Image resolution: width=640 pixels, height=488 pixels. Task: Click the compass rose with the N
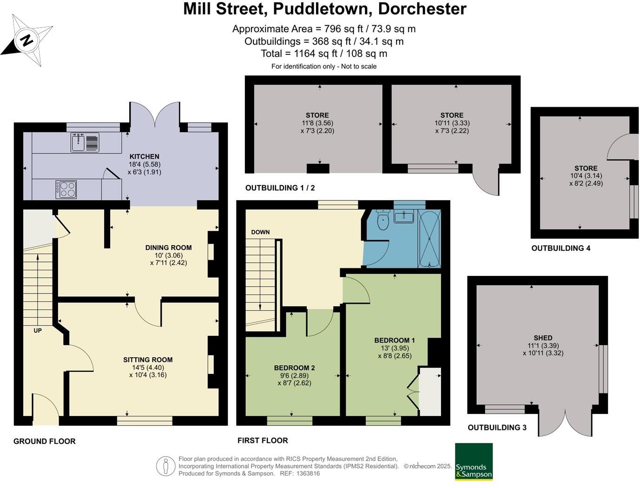click(26, 40)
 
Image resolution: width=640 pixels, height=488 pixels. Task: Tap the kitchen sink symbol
click(85, 142)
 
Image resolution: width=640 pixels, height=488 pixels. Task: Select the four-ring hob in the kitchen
click(66, 189)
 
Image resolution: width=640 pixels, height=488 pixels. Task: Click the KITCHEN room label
click(144, 157)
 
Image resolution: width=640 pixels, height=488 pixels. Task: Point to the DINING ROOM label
click(168, 247)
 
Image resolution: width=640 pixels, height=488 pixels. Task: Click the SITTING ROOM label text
click(148, 360)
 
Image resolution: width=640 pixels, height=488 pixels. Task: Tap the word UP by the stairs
click(38, 331)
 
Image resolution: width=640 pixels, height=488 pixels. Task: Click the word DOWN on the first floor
click(260, 232)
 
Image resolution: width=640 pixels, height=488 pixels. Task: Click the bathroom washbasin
click(403, 216)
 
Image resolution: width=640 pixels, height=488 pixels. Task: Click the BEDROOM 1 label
click(395, 340)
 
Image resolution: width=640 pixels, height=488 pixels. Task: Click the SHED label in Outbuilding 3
click(543, 338)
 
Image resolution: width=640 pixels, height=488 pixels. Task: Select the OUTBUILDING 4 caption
click(561, 248)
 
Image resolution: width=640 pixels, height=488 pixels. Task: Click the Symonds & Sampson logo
click(474, 461)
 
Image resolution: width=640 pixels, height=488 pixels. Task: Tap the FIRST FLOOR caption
click(263, 441)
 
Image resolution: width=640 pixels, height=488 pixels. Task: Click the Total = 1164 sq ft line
click(324, 53)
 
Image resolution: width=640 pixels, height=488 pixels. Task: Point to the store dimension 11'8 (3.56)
click(317, 123)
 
